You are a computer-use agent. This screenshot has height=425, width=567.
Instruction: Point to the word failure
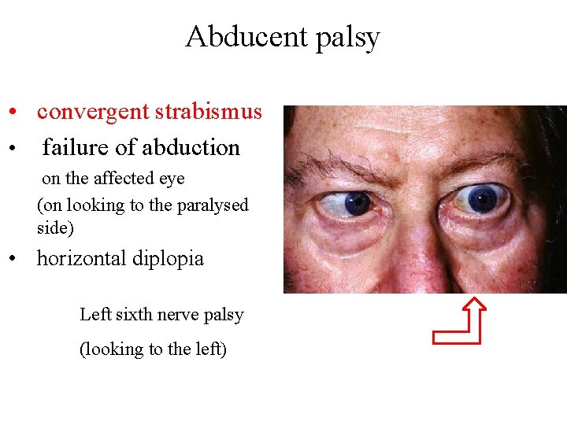click(76, 147)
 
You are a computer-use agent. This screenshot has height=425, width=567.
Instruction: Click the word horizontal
click(87, 258)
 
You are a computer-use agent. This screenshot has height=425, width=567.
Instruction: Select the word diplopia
click(172, 259)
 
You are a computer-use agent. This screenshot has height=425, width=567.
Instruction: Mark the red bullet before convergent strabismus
click(14, 113)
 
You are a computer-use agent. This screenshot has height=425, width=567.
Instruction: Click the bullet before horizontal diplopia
click(14, 259)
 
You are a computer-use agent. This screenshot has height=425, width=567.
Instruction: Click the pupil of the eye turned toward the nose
click(358, 204)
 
